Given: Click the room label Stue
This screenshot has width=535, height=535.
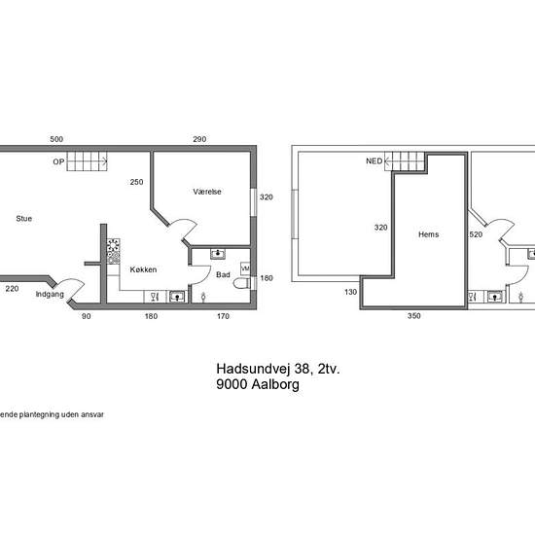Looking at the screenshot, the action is [x=24, y=218].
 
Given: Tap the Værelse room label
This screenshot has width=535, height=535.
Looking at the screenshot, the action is [x=207, y=192].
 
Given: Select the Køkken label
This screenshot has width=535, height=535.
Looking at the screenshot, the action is [x=143, y=269].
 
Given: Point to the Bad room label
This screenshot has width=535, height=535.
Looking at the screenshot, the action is [x=223, y=274].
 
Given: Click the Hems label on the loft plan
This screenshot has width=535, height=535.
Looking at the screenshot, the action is [x=429, y=234].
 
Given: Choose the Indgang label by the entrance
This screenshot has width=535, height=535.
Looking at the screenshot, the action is [x=50, y=294].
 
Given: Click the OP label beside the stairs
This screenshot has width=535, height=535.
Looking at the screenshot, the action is [x=58, y=161].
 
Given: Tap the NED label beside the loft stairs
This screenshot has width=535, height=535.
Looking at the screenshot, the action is [x=374, y=161].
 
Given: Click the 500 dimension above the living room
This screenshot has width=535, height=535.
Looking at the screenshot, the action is [x=56, y=139].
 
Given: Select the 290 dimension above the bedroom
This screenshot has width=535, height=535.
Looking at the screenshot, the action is [x=199, y=139].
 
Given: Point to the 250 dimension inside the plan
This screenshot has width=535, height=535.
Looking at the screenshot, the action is [x=136, y=182].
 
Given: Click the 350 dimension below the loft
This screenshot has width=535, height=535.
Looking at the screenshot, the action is [x=413, y=316].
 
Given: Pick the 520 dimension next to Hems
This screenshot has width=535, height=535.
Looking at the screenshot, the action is [x=476, y=234].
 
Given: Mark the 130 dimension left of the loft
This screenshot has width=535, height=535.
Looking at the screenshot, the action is [x=351, y=292].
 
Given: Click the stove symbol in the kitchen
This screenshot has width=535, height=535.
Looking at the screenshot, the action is [x=113, y=251].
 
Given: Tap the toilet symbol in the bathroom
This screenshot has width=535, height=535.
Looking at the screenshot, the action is [x=241, y=283].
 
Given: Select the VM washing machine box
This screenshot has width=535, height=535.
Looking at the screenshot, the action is [x=245, y=268].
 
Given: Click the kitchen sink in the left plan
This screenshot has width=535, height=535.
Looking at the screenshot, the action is [x=177, y=297].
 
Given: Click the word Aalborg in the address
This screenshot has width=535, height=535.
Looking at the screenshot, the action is [x=275, y=384].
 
